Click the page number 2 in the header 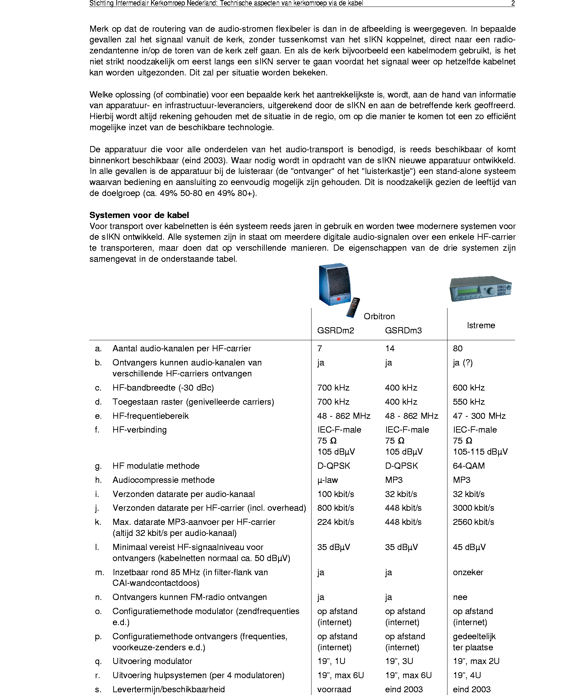click(x=513, y=3)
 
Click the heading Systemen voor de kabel click(x=139, y=215)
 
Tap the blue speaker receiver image click(x=335, y=284)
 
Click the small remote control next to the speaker click(x=353, y=307)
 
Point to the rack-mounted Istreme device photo click(x=480, y=288)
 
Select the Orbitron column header click(x=379, y=317)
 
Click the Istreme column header click(x=481, y=325)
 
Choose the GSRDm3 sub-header click(x=403, y=331)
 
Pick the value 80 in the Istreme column click(x=457, y=349)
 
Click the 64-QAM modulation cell click(x=468, y=466)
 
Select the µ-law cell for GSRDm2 click(x=327, y=480)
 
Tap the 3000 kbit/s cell click(x=473, y=508)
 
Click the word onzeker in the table click(x=468, y=572)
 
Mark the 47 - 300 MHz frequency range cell click(x=479, y=416)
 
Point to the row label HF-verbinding click(x=139, y=430)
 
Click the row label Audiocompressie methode click(x=164, y=480)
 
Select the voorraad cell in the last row click(x=334, y=689)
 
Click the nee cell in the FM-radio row click(x=460, y=597)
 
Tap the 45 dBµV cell click(x=469, y=547)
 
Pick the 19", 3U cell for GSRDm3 click(x=399, y=661)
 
